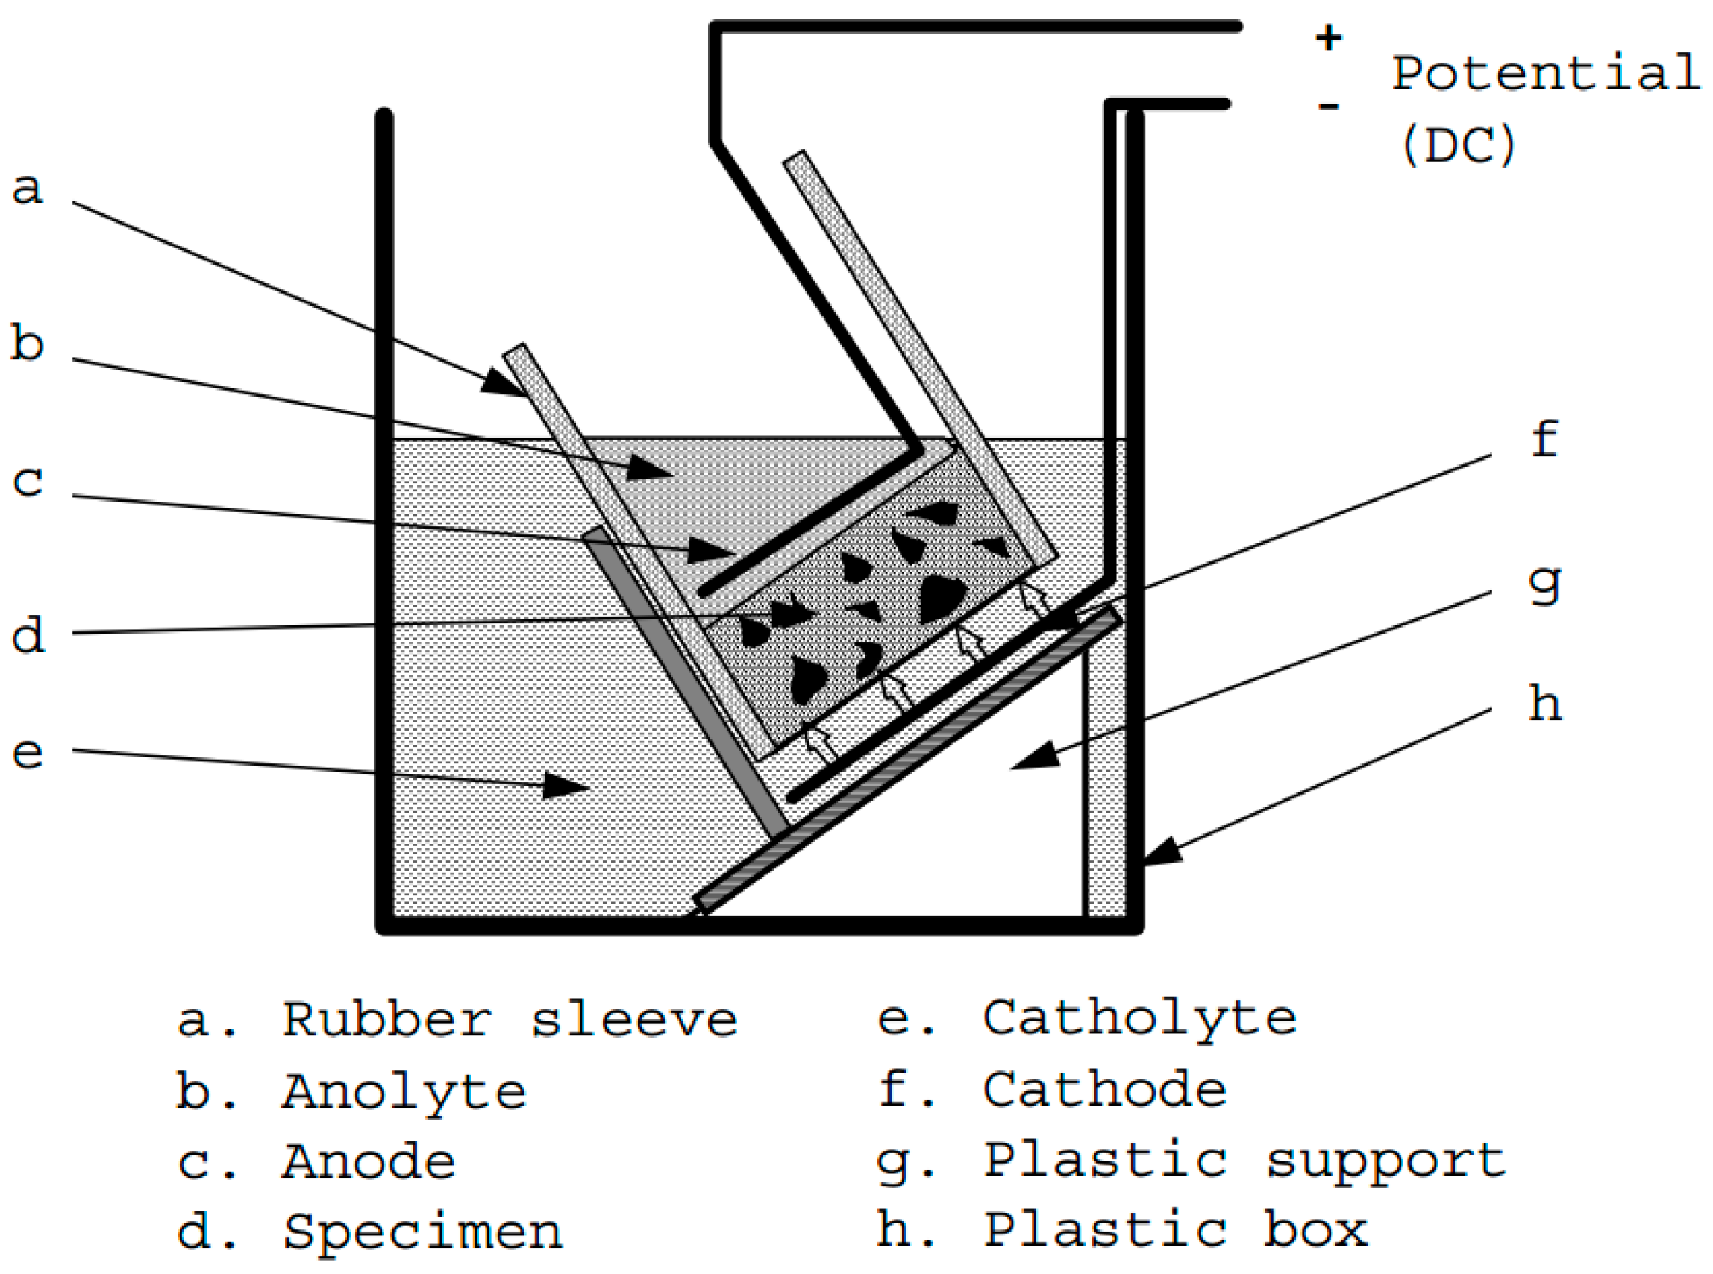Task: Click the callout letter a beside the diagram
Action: (x=27, y=188)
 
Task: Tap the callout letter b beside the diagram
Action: (x=27, y=342)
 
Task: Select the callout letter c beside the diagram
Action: (x=27, y=482)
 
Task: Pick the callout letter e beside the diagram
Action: (x=27, y=752)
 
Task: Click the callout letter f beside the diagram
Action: (x=1545, y=440)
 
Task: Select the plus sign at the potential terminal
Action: (x=1329, y=37)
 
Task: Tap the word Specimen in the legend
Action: (x=423, y=1232)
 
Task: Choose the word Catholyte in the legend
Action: (x=1140, y=1021)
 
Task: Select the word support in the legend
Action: (x=1387, y=1162)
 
